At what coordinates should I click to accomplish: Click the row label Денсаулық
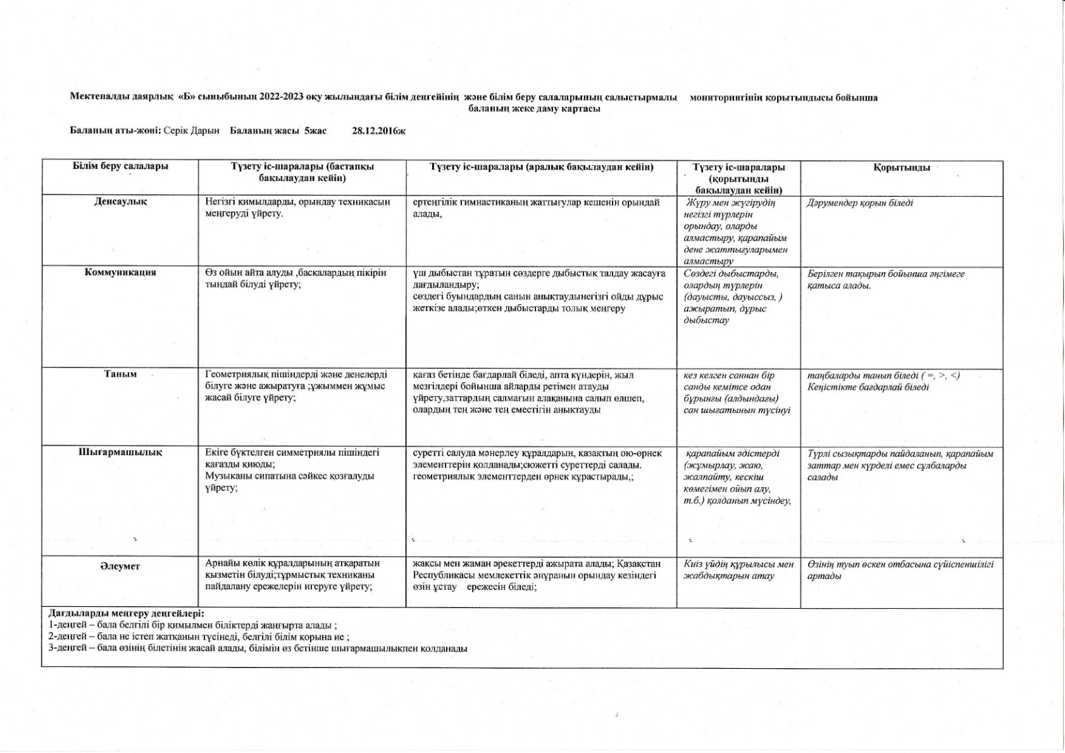120,202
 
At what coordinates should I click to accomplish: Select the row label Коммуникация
120,273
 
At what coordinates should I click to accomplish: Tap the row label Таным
120,375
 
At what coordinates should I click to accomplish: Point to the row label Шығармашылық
120,453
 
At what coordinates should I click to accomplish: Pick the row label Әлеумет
120,566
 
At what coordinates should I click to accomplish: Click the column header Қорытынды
901,168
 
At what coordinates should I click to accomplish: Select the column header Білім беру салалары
120,166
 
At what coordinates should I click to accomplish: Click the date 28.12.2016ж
378,131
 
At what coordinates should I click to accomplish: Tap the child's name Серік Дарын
191,131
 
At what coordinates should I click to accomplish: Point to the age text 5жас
315,131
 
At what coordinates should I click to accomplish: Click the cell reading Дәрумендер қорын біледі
860,203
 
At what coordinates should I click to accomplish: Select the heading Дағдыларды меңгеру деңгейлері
127,613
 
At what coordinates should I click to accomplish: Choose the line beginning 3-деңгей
258,649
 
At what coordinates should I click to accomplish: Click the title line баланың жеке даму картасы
534,108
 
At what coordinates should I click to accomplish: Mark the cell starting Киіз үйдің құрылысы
738,569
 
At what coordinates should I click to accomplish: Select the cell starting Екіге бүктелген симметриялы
292,470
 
